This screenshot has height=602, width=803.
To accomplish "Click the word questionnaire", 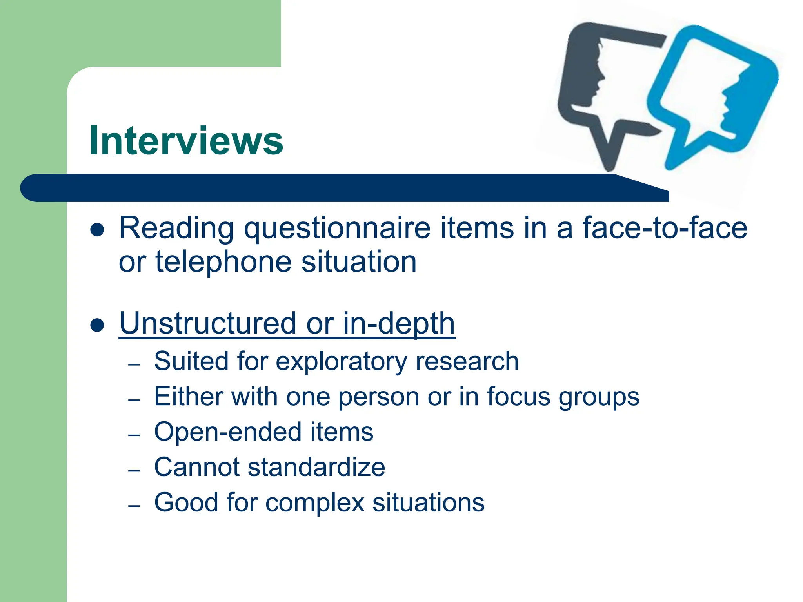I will click(337, 228).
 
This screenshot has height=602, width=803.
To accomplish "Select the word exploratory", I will click(341, 361).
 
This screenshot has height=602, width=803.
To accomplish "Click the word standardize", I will click(316, 467).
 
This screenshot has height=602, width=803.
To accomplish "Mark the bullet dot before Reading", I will click(97, 230).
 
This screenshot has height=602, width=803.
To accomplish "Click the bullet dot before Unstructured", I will click(97, 325).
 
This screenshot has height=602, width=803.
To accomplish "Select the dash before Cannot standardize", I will click(134, 470).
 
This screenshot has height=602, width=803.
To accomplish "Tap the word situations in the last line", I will click(428, 502).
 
